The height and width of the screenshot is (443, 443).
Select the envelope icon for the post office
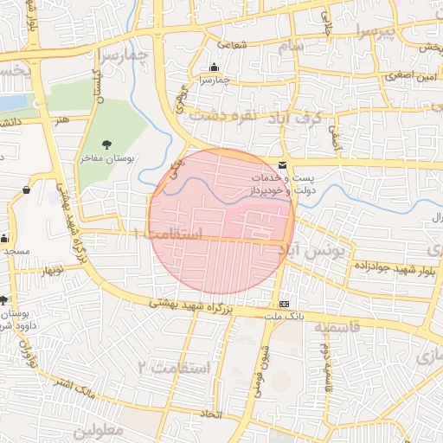(x=283, y=164)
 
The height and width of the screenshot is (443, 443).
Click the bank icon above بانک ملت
(x=284, y=305)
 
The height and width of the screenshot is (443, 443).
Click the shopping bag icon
(x=27, y=189)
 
